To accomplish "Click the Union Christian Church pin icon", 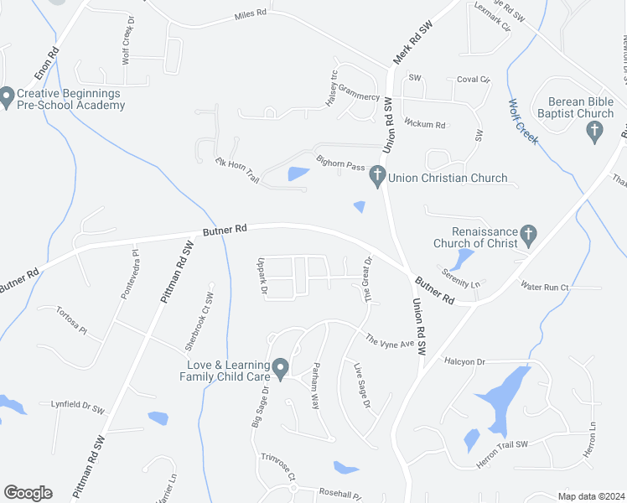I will tap(377, 177).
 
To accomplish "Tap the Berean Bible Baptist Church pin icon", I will tap(594, 130).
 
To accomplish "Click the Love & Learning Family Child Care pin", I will tap(281, 367).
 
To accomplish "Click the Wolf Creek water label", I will tap(522, 122).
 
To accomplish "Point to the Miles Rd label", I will tap(250, 15).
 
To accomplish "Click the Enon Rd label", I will tap(47, 64).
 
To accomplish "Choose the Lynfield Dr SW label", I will tap(77, 406).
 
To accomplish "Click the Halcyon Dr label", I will tap(469, 361).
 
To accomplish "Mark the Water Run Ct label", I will tap(545, 288).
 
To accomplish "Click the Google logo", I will tap(28, 493).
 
